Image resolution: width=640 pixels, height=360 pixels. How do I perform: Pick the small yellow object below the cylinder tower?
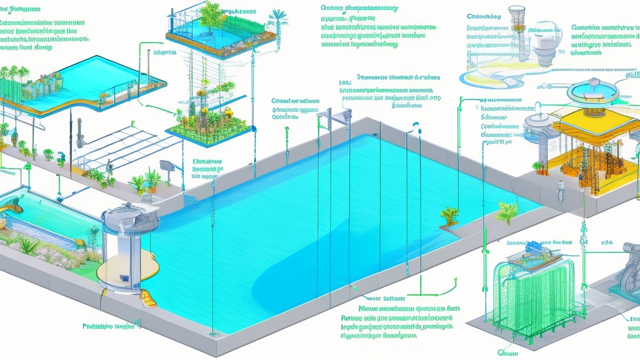[148, 297]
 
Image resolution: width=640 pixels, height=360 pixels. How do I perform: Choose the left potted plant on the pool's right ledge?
[449, 216]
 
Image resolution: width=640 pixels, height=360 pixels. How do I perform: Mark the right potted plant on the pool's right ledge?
[506, 211]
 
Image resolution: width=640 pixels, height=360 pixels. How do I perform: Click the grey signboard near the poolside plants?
[167, 166]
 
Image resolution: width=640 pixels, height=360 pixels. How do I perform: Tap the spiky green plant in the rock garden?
[28, 245]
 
